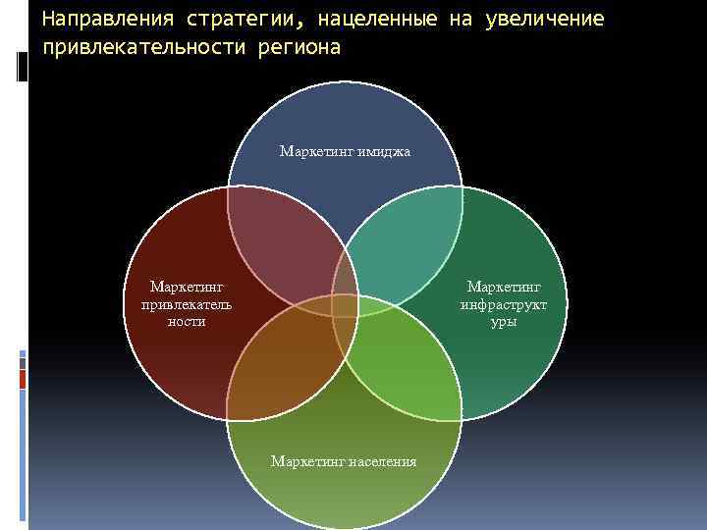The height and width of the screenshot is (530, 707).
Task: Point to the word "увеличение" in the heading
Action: tap(545, 20)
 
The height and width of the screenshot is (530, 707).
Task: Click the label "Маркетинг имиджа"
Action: tap(345, 151)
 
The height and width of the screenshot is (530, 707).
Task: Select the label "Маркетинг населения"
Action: tap(344, 461)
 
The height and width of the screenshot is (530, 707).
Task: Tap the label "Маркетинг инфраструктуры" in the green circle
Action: tap(504, 304)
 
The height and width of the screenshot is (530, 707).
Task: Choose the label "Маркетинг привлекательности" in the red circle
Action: tap(187, 304)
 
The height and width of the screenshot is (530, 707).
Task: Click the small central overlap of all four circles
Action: tap(345, 304)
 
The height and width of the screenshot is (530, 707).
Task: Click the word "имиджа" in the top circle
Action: tap(386, 151)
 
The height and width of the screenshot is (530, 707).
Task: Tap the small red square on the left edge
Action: tap(23, 377)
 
